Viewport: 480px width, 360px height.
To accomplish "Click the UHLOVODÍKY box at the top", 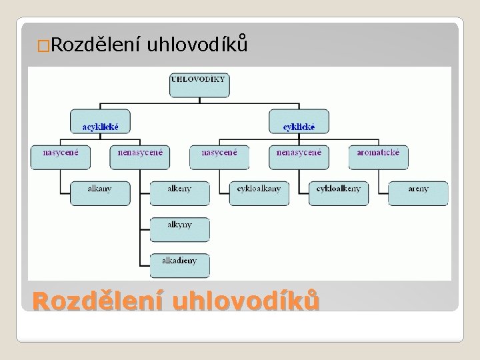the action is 199,84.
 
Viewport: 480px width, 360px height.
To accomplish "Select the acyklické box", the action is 100,121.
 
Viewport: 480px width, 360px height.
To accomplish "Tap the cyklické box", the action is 299,121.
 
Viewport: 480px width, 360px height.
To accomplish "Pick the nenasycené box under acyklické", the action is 139,156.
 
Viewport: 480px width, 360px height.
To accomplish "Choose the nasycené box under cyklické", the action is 219,156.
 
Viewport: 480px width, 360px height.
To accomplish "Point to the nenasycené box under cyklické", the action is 299,156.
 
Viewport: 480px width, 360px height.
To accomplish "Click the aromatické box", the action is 379,156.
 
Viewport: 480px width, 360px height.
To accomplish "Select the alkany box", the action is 99,193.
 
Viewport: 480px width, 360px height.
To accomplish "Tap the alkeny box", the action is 179,193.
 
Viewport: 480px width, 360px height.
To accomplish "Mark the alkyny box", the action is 179,229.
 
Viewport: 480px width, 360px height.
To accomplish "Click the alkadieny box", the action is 179,265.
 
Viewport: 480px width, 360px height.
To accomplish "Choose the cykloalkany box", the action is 259,193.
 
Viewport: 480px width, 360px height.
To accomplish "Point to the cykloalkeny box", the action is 339,193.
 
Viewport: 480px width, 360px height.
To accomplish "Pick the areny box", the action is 419,193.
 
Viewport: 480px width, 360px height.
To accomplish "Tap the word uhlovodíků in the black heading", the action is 197,45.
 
